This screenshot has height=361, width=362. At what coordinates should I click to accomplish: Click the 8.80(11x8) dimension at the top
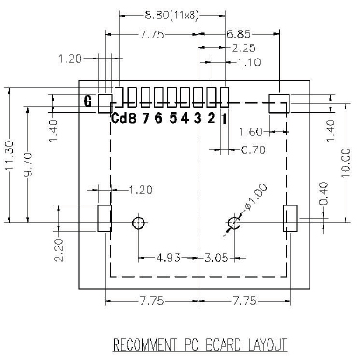click(x=171, y=15)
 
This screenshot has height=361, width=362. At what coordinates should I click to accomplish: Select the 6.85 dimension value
click(x=239, y=34)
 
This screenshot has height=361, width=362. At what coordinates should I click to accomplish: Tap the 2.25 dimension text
click(x=244, y=48)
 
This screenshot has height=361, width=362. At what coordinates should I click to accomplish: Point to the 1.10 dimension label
click(x=248, y=62)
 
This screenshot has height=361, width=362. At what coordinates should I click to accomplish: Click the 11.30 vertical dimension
click(x=9, y=156)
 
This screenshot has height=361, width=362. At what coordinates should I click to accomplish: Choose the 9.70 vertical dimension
click(x=28, y=164)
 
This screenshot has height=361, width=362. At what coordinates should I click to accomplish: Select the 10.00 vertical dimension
click(x=345, y=163)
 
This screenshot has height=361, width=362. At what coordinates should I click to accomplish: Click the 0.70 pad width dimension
click(x=254, y=150)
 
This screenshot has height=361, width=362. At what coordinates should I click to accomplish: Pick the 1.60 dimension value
click(x=251, y=132)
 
